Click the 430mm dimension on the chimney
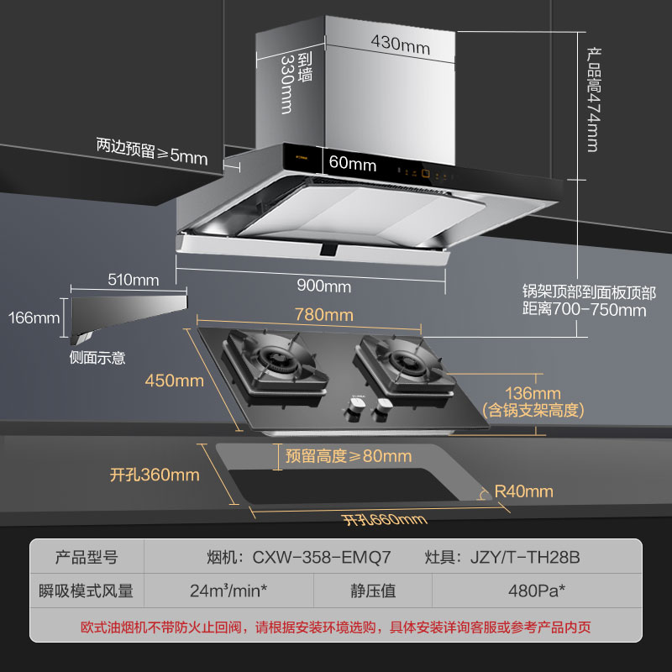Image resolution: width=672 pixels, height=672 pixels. [x=400, y=47]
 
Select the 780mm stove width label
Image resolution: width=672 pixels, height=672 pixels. [x=323, y=316]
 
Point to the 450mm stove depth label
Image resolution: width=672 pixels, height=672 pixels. [x=175, y=381]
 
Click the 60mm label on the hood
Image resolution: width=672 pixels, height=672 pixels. [x=353, y=164]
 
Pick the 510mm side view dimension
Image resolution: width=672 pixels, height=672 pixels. [x=134, y=280]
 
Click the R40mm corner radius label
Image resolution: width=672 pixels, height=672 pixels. [x=524, y=491]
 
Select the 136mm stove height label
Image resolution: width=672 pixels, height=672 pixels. [x=533, y=393]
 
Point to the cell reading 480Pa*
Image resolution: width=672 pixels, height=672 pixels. [x=537, y=591]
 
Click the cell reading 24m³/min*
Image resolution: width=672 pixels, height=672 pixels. [x=228, y=591]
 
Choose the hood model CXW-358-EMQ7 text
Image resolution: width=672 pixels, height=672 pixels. [x=310, y=557]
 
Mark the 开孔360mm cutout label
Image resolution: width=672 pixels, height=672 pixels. [x=155, y=475]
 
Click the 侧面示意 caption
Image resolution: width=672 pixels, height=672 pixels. [x=97, y=358]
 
